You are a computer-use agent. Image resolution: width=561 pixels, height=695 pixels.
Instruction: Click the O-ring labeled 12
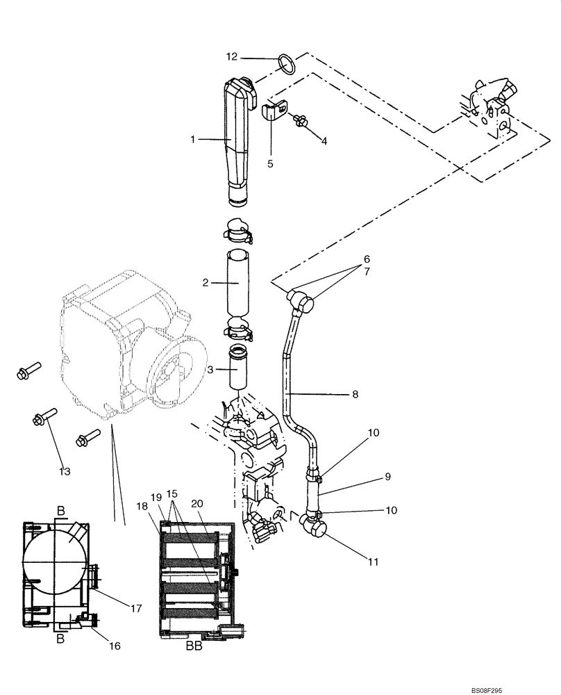coord(287,64)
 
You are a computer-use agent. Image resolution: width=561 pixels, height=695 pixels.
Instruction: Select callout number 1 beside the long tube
coord(193,140)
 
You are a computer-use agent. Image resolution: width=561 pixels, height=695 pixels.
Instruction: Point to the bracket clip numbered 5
coord(274,112)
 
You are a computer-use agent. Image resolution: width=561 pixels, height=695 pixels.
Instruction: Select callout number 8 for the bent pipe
coord(355,394)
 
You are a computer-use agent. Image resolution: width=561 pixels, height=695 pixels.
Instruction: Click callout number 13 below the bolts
coord(65,472)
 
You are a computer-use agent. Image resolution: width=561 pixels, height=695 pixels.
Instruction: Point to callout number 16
coord(115,646)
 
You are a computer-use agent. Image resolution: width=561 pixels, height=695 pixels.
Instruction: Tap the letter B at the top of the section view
coord(61,512)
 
